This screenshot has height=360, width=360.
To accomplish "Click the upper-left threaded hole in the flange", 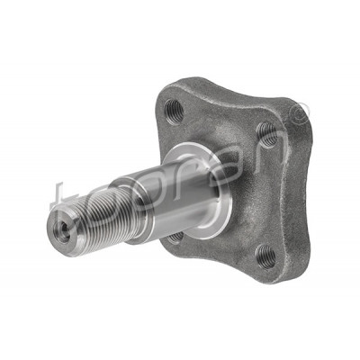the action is coord(174,112).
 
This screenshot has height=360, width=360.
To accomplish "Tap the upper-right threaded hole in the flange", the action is coord(267,134).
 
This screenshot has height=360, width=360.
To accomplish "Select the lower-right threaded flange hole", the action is coord(265,256).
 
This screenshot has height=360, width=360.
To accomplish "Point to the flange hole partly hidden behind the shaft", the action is coord(175,237).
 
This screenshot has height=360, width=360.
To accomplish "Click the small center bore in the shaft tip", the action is coord(62,231).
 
